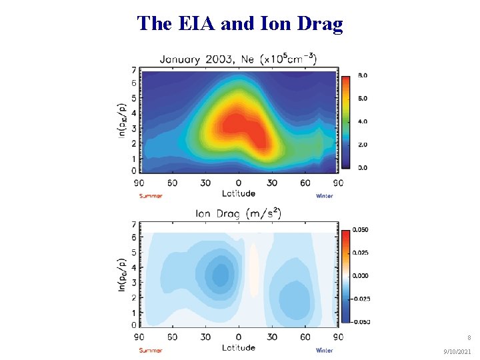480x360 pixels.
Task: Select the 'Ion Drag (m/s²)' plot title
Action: click(x=238, y=214)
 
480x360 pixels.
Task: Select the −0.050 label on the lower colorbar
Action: click(x=362, y=321)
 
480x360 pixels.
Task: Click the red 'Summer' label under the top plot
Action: click(x=151, y=196)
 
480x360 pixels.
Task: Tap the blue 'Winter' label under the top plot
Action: click(x=325, y=196)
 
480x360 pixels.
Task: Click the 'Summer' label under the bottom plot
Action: click(x=151, y=351)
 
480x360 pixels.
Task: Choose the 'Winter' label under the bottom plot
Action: click(x=325, y=351)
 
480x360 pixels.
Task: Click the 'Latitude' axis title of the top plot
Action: click(x=239, y=193)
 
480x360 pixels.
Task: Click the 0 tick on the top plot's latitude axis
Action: click(x=239, y=183)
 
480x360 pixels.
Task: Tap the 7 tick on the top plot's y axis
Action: click(x=134, y=70)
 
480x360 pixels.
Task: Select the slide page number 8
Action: click(x=469, y=338)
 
